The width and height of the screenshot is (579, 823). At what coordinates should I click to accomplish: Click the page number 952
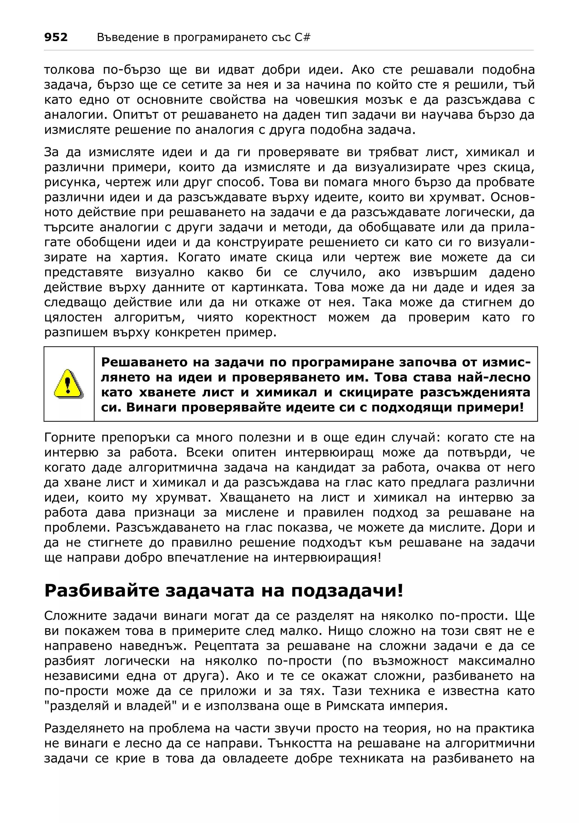click(x=56, y=37)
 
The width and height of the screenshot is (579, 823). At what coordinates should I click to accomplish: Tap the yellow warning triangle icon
click(x=68, y=384)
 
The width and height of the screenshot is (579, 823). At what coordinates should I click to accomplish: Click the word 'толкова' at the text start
click(x=69, y=69)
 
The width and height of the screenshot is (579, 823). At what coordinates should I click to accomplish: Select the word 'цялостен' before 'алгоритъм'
click(x=73, y=317)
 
